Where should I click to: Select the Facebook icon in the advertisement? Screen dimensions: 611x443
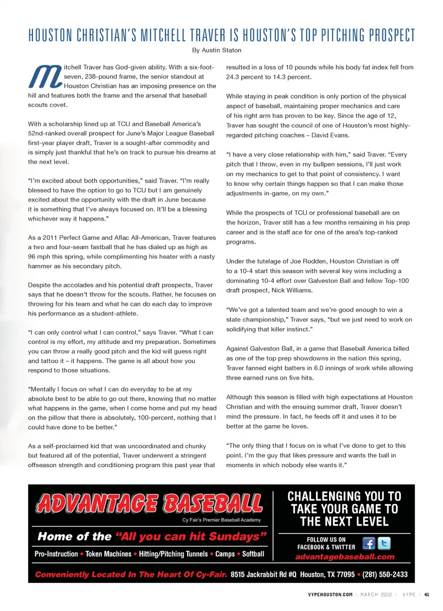click(368, 543)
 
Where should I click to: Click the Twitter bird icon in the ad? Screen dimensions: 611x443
click(384, 543)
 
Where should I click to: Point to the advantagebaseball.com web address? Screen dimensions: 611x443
click(345, 557)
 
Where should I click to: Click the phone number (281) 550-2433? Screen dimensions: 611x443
click(385, 575)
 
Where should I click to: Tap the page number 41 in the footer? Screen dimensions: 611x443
click(426, 595)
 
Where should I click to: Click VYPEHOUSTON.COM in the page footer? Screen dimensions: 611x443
click(330, 595)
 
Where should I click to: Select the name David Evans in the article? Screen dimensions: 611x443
click(330, 135)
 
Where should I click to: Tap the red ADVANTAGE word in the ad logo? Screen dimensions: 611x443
click(98, 503)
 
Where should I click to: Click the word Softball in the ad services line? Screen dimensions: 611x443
click(253, 554)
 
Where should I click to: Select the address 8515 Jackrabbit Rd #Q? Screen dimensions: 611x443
click(263, 575)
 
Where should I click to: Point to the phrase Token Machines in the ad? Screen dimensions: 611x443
click(108, 554)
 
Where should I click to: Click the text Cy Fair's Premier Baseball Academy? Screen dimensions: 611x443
click(221, 520)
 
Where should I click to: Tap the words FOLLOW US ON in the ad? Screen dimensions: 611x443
click(326, 539)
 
